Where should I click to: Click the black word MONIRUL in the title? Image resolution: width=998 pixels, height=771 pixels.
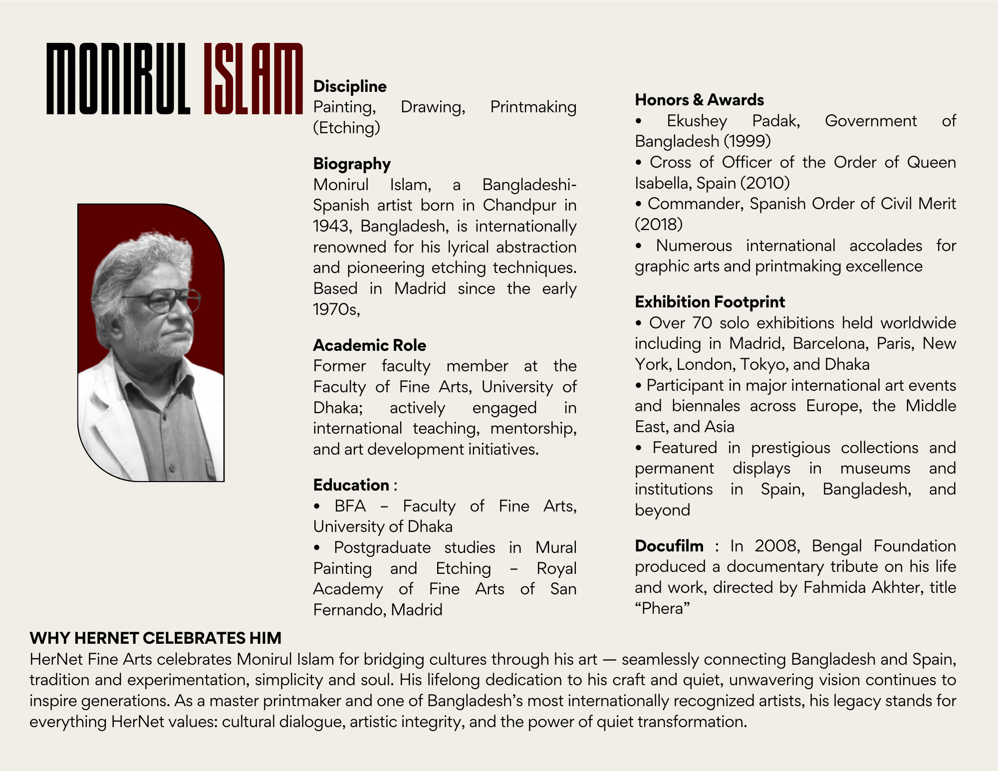tap(118, 79)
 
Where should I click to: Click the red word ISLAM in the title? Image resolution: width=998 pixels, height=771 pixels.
tap(253, 79)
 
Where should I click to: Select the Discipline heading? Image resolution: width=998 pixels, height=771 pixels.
tap(350, 86)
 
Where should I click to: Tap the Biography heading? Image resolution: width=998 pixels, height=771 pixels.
tap(352, 164)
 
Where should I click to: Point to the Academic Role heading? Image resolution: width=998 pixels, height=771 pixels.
tap(369, 345)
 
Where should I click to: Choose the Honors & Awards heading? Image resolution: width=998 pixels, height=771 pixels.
tap(699, 100)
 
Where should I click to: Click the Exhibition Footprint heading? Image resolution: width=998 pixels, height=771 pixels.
tap(710, 302)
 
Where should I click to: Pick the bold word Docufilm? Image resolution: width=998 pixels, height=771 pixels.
tap(669, 546)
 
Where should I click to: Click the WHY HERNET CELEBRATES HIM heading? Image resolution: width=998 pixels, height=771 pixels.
tap(155, 638)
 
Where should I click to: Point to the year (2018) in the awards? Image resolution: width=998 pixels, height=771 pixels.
tap(659, 225)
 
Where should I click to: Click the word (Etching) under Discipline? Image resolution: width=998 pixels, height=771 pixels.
tap(346, 128)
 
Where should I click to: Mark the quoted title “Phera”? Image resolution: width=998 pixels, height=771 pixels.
tap(662, 608)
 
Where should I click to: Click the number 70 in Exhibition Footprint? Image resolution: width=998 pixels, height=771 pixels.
tap(702, 323)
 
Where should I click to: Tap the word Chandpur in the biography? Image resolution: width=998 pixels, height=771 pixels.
tap(519, 205)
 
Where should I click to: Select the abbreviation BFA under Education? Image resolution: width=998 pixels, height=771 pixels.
tap(350, 506)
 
